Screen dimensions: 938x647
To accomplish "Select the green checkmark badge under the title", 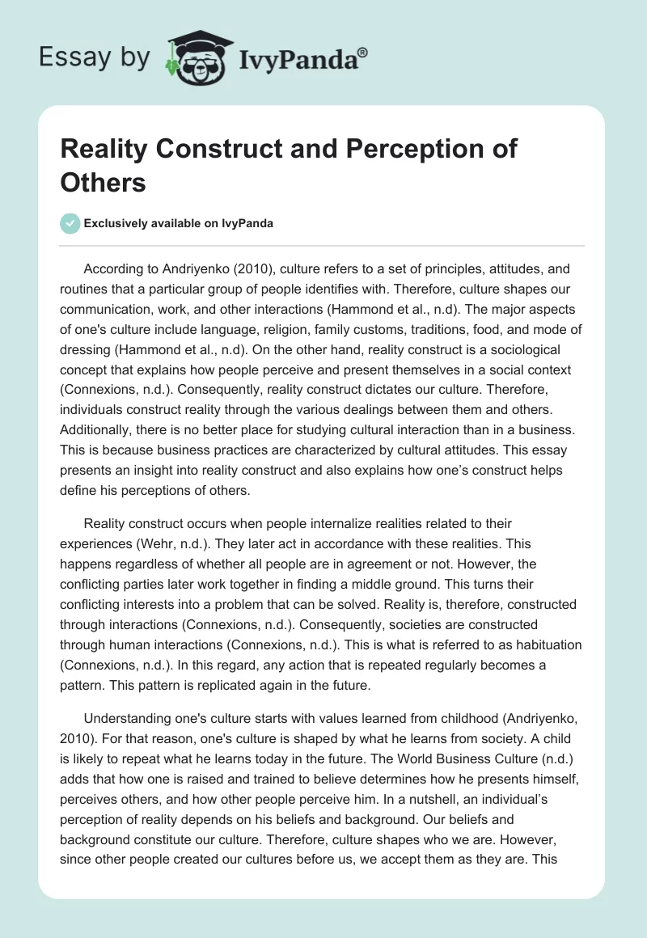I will coord(70,224).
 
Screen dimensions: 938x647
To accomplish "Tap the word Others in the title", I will coord(102,182).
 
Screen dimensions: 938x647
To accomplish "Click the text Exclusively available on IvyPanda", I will coord(180,224).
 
